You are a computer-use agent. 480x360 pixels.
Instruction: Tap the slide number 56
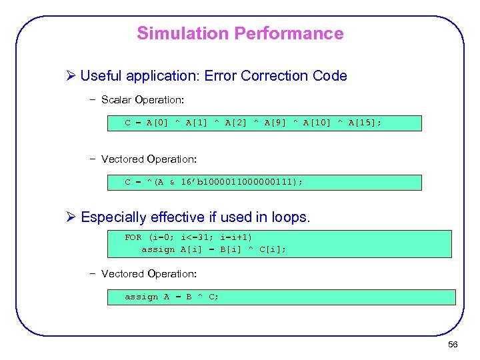coord(453,344)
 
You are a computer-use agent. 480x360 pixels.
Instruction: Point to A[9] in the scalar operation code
coord(277,123)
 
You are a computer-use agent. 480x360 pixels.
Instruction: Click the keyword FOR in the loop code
coord(133,237)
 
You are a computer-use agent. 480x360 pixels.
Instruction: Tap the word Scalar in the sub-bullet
coord(117,100)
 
